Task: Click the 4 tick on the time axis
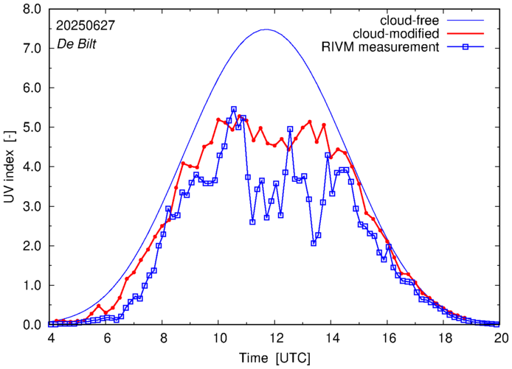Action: [51, 338]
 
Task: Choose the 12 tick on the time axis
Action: [276, 338]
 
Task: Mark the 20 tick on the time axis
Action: [501, 338]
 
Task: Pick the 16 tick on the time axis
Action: [389, 338]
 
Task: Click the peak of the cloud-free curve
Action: [266, 29]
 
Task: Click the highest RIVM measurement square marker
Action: [234, 109]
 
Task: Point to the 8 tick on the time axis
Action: [164, 338]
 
